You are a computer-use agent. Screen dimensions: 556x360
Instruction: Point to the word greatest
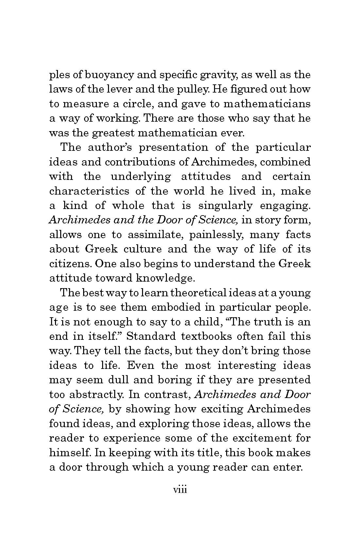(x=112, y=133)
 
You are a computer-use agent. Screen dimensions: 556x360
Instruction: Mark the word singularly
(x=225, y=205)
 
